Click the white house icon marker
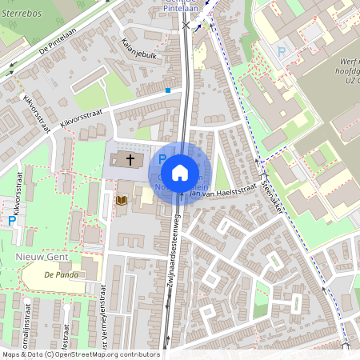click(180, 172)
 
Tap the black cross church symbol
click(130, 160)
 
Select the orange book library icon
click(122, 199)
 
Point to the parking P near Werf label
click(281, 52)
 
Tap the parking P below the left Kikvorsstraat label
click(11, 220)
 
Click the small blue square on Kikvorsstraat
click(168, 91)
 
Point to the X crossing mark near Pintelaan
click(186, 26)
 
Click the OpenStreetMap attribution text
click(80, 354)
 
